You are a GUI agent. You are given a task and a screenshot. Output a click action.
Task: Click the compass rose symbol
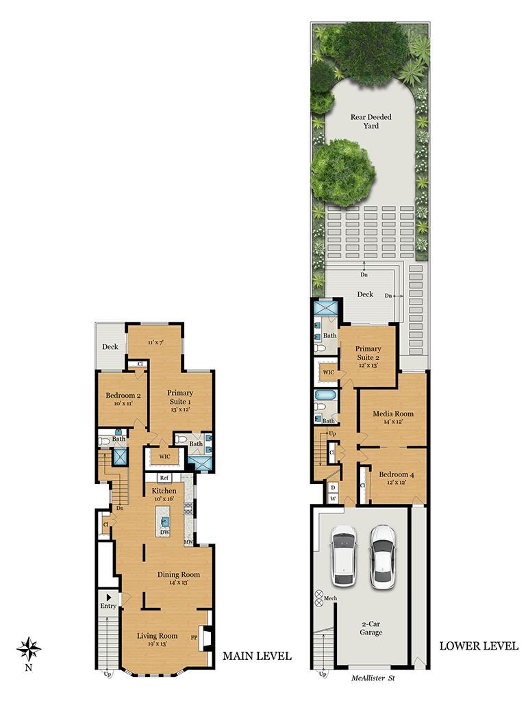pos(29,649)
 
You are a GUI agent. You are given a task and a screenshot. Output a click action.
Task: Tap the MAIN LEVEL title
pos(258,656)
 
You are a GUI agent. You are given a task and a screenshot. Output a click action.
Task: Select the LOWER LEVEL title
pos(479,646)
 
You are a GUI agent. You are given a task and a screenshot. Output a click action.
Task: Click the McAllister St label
pos(373,678)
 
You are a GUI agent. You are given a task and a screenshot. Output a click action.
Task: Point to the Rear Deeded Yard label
pos(371,121)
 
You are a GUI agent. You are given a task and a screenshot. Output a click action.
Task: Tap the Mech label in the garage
pos(330,598)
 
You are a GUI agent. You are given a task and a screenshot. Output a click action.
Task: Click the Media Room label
pos(393,413)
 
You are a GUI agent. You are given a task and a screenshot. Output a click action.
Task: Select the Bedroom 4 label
pos(397,474)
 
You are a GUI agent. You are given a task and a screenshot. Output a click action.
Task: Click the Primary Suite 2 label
pos(368,353)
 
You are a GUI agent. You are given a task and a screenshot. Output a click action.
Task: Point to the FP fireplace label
pos(194,637)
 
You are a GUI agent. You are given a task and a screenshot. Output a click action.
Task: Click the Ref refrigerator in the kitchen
pos(164,477)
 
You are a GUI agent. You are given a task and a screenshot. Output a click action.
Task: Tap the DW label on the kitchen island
pos(164,533)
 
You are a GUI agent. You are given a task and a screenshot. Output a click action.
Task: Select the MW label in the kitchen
pos(188,542)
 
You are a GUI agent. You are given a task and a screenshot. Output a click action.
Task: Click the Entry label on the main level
pos(108,606)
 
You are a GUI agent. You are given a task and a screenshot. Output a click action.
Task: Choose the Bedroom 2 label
pos(123,395)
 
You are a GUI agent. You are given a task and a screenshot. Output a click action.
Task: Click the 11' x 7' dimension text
pos(155,342)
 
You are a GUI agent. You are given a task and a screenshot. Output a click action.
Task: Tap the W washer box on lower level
pos(333,498)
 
